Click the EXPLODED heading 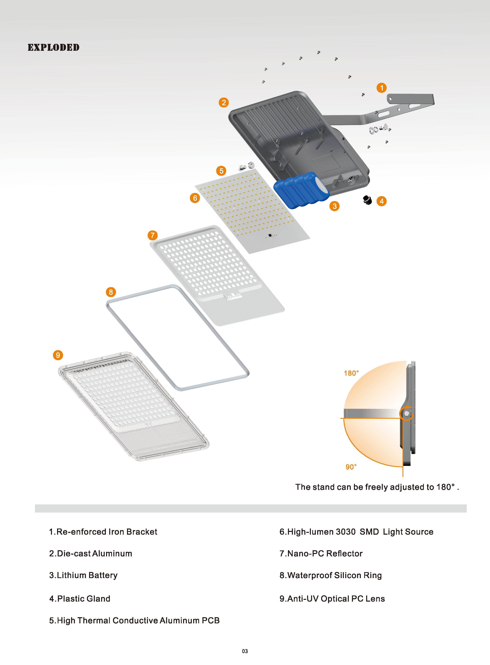coord(53,47)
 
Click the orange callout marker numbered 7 coord(152,235)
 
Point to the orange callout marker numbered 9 coord(58,355)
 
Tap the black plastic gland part coord(368,200)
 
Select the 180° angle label coord(351,373)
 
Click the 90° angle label coord(351,467)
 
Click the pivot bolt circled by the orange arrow coord(407,413)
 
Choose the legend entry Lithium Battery coord(83,575)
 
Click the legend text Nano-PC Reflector coord(321,553)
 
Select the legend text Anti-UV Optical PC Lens coord(332,599)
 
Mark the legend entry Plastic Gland coord(80,599)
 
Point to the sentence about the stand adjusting coord(377,487)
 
